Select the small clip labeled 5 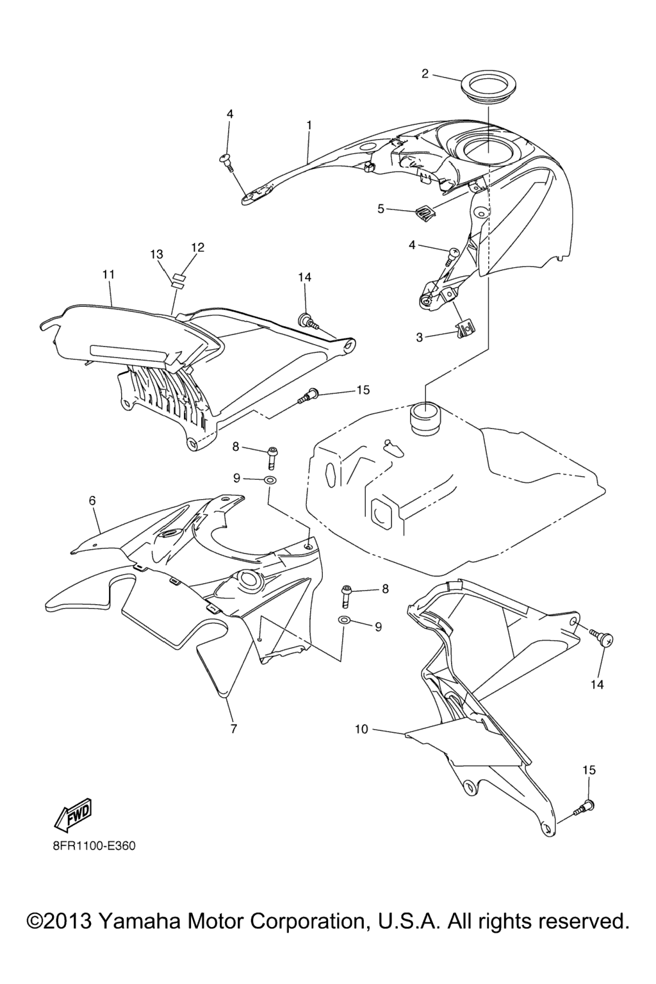pyautogui.click(x=422, y=211)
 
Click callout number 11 pyautogui.click(x=108, y=275)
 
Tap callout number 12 pyautogui.click(x=198, y=247)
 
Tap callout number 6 pyautogui.click(x=92, y=500)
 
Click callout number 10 pyautogui.click(x=361, y=729)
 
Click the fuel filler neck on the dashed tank pyautogui.click(x=425, y=416)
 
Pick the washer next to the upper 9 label pyautogui.click(x=270, y=478)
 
